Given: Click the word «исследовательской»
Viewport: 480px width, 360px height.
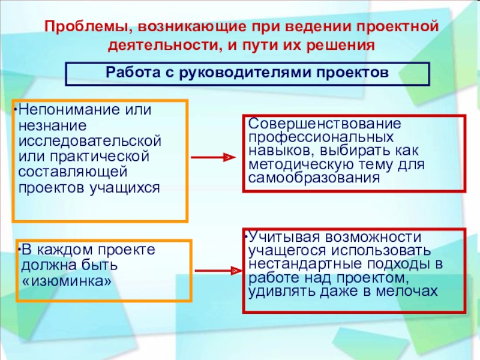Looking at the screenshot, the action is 90,141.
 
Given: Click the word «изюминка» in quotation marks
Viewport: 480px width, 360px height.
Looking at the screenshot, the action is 66,280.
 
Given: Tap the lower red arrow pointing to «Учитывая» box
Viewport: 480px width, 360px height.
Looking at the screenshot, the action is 215,272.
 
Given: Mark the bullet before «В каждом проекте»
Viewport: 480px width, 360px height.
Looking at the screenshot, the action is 19,249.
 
